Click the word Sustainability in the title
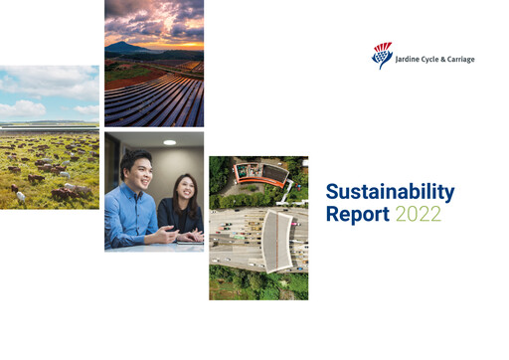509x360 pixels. point(390,192)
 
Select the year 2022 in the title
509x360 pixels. point(418,213)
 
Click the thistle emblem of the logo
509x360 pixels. point(382,55)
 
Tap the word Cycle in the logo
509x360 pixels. point(428,59)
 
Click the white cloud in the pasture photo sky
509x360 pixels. point(30,103)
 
